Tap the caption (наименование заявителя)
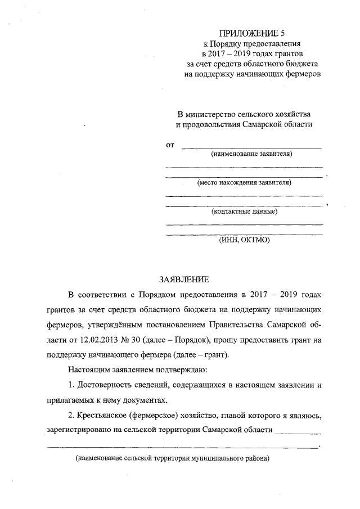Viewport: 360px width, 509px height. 251,154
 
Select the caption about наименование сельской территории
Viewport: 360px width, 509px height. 173,458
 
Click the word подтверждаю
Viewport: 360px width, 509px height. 181,371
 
